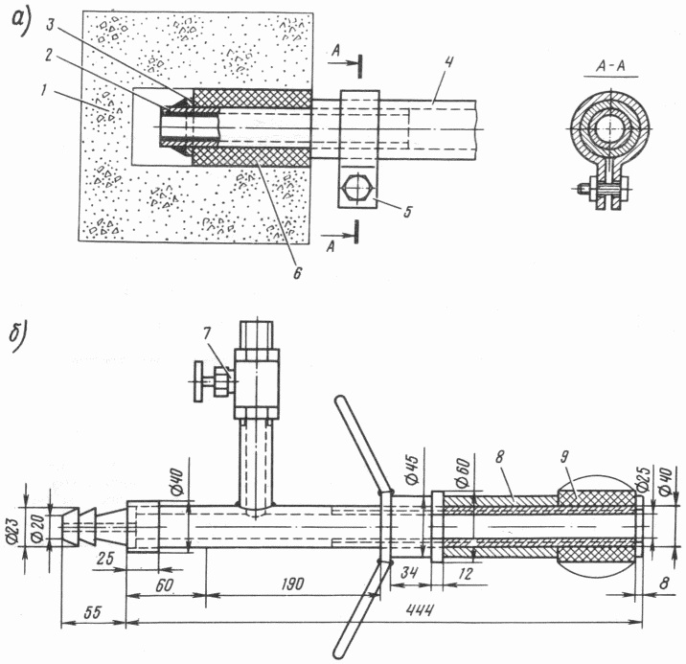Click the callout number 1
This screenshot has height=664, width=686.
coord(43,90)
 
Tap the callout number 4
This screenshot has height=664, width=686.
coord(448,62)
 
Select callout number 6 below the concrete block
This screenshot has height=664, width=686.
coord(298,273)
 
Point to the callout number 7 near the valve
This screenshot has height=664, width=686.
coord(207,333)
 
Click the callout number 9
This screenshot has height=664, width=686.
coord(565,457)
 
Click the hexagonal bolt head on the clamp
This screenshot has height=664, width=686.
coord(358,187)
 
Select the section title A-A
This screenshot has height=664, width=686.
coord(610,66)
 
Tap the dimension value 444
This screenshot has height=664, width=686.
coord(420,609)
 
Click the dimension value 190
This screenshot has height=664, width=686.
coord(292,584)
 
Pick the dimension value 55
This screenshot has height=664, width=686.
coord(92,612)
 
